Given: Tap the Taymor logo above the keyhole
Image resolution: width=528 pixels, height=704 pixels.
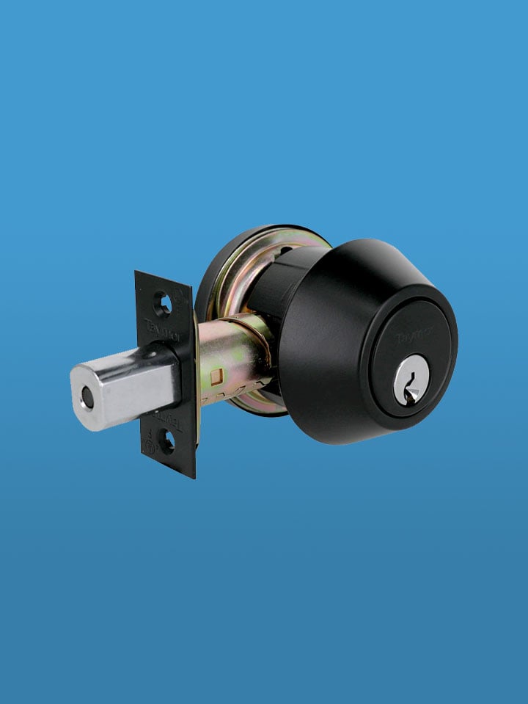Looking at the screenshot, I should point(415,335).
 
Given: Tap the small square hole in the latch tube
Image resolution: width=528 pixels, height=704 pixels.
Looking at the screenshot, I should point(215,377).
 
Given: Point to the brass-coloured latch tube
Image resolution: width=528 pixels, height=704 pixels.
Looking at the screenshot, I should point(227,360).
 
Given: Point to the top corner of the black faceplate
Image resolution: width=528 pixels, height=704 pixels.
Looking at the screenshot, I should point(137,273).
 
